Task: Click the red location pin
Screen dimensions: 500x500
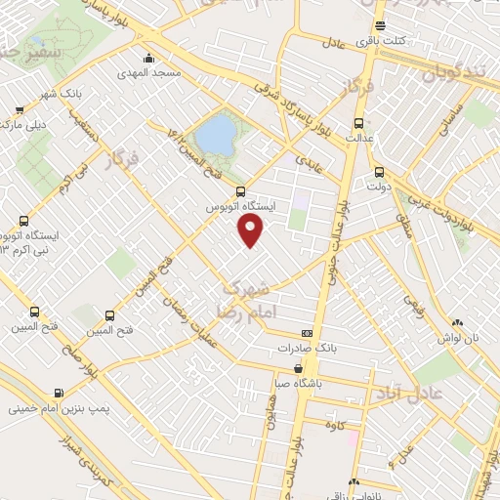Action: click(x=251, y=230)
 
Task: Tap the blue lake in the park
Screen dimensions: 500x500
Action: click(x=216, y=132)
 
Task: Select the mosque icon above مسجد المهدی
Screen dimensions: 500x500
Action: click(x=147, y=57)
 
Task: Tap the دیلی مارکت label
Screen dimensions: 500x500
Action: click(x=23, y=125)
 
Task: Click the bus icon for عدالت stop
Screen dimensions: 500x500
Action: click(x=358, y=123)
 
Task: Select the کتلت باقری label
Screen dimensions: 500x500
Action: click(x=407, y=40)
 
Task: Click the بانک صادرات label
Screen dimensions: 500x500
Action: click(x=306, y=348)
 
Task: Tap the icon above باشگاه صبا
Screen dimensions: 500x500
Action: click(x=299, y=368)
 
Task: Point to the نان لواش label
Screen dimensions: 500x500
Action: click(x=460, y=337)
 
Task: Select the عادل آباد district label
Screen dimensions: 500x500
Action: click(x=409, y=394)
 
